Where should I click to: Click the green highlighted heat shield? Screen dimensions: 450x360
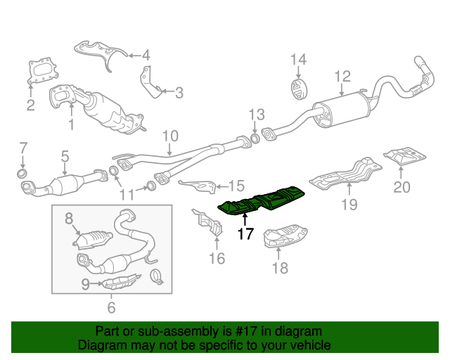pos(261,200)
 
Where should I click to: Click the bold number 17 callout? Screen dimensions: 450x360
pos(245,234)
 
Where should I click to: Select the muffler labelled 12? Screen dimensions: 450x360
pos(341,110)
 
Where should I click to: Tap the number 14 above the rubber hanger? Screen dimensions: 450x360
pos(298,59)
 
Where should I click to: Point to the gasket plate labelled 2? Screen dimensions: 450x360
pos(43,72)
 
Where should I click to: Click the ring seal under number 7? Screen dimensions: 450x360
pos(22,174)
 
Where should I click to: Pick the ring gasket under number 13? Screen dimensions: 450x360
pos(255,139)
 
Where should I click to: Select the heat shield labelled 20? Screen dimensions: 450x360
pos(405,157)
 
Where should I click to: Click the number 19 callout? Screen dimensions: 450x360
pos(349,205)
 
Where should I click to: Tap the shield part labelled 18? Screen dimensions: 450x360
pos(285,236)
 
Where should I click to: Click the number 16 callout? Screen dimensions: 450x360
pos(217,258)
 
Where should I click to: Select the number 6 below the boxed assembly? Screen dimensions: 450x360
pos(111,307)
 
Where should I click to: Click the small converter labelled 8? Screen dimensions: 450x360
pos(92,239)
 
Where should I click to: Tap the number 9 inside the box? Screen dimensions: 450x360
pos(86,284)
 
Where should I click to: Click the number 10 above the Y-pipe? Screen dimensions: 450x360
pos(170,136)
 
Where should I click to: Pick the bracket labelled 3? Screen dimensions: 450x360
pos(150,82)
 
